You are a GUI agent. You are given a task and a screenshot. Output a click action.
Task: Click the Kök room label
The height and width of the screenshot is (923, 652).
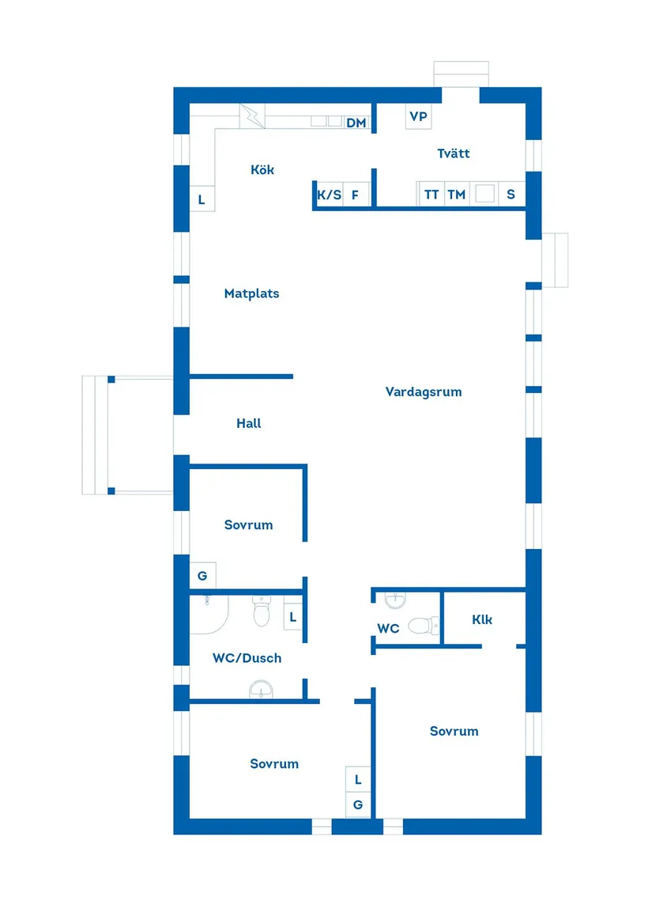[262, 170]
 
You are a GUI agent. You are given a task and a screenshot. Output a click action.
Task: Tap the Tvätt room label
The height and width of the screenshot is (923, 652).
[454, 153]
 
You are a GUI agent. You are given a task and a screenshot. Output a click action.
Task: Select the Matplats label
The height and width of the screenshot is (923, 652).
[251, 293]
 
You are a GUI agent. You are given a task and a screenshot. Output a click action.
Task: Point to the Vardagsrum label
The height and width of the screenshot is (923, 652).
[424, 392]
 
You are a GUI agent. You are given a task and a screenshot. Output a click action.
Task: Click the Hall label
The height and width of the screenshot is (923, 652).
[248, 423]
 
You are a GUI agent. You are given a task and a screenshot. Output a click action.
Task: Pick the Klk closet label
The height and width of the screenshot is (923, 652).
[482, 619]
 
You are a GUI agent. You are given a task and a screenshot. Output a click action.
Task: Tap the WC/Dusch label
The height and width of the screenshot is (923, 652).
[247, 657]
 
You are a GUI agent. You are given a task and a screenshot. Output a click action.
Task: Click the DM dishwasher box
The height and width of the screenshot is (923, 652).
[356, 123]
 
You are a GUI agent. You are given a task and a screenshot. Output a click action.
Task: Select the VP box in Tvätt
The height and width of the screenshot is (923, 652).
[418, 116]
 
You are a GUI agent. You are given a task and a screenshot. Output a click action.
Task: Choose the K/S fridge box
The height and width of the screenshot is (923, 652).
[329, 195]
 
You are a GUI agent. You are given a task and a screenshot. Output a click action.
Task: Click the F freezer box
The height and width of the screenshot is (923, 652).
[356, 195]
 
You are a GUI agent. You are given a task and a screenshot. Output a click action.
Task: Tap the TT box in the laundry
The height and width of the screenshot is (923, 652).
[431, 195]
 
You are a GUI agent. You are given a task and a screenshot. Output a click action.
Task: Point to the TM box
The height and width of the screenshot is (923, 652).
[457, 195]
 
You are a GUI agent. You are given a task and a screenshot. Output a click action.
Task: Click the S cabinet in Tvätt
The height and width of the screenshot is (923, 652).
[511, 195]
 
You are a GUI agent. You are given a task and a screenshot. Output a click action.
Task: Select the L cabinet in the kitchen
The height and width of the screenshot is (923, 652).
[202, 199]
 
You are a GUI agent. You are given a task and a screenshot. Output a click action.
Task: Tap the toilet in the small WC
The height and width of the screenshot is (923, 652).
[424, 626]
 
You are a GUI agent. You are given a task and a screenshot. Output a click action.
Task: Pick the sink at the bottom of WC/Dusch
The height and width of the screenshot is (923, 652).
[261, 691]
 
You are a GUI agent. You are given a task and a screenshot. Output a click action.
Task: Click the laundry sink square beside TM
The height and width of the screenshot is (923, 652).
[484, 194]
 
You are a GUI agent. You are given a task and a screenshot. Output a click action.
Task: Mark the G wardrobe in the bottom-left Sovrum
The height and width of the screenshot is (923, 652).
[358, 805]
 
